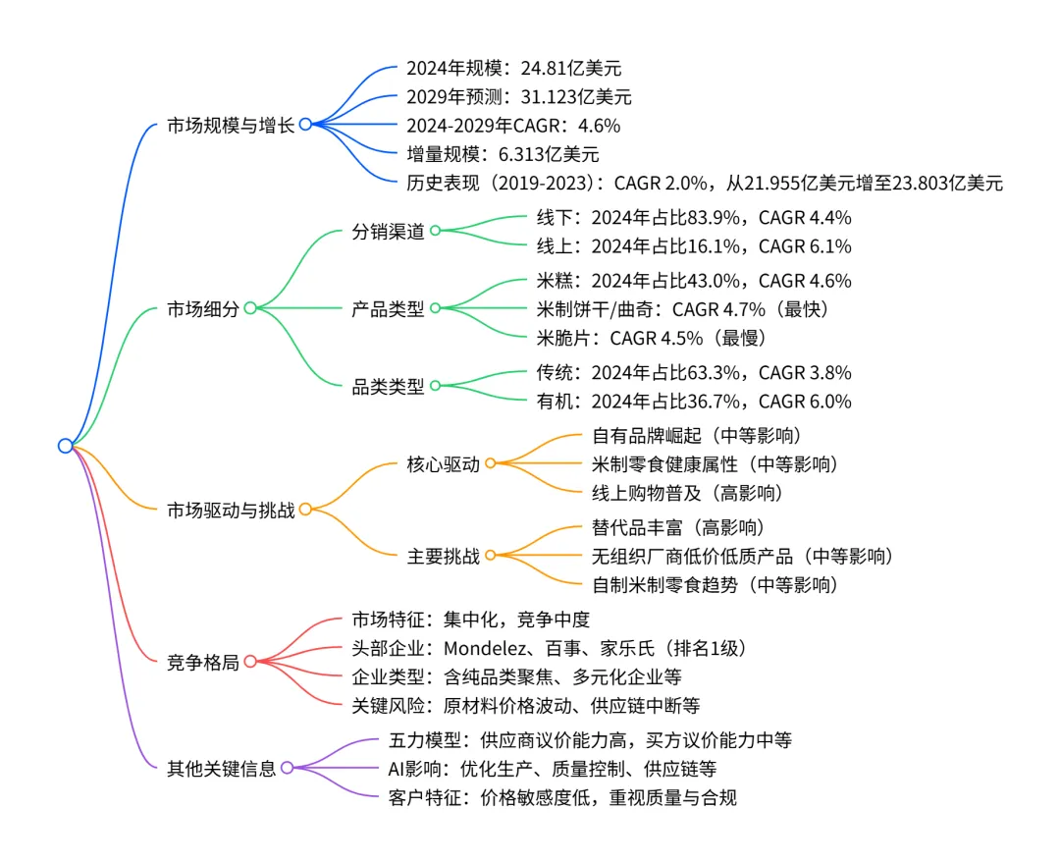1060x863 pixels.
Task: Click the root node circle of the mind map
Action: (x=66, y=446)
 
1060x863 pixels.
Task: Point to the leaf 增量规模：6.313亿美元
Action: (x=503, y=154)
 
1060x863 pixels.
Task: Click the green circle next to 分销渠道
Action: (x=435, y=231)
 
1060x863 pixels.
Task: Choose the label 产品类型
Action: (x=389, y=308)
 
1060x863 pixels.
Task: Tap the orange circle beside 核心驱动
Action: (x=490, y=463)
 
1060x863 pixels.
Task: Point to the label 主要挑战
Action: (x=444, y=557)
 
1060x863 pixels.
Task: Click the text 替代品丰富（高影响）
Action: (x=678, y=528)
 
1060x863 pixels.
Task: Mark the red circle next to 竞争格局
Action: (x=250, y=662)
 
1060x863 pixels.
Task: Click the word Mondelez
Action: (x=486, y=648)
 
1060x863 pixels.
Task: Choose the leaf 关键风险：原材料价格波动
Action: (x=526, y=706)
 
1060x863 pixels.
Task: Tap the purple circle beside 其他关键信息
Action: (x=287, y=769)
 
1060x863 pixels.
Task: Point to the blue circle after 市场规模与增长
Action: (x=305, y=125)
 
